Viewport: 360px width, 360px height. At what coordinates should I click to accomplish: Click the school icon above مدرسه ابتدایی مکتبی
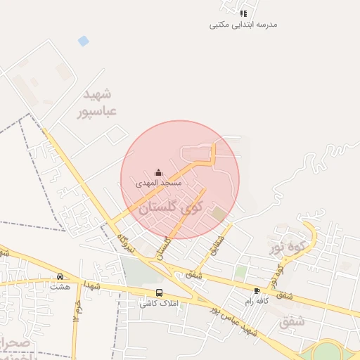click(243, 13)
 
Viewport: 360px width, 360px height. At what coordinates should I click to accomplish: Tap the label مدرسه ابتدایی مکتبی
click(243, 25)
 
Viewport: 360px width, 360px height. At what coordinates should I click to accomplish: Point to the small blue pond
click(84, 41)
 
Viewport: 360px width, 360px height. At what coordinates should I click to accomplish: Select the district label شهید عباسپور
click(98, 102)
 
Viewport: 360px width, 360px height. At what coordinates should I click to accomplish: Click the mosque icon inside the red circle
click(159, 172)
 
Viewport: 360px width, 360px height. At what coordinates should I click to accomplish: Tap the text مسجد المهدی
click(159, 183)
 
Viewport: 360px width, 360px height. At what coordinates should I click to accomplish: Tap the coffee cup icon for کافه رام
click(257, 290)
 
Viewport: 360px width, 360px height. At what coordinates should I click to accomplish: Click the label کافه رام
click(258, 301)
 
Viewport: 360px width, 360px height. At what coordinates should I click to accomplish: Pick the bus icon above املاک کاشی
click(159, 292)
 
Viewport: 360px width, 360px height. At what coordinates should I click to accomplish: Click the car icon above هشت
click(60, 276)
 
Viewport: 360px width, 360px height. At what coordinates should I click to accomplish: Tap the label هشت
click(60, 287)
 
